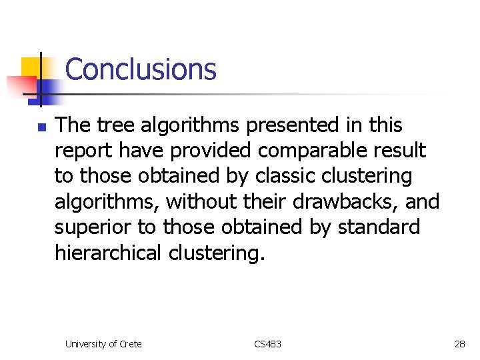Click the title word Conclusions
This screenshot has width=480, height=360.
(141, 69)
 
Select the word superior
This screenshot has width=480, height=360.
(93, 227)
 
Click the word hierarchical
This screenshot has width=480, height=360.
(108, 253)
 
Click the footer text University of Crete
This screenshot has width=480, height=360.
(103, 344)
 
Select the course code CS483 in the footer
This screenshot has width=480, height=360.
(267, 344)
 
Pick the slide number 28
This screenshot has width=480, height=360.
(459, 344)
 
